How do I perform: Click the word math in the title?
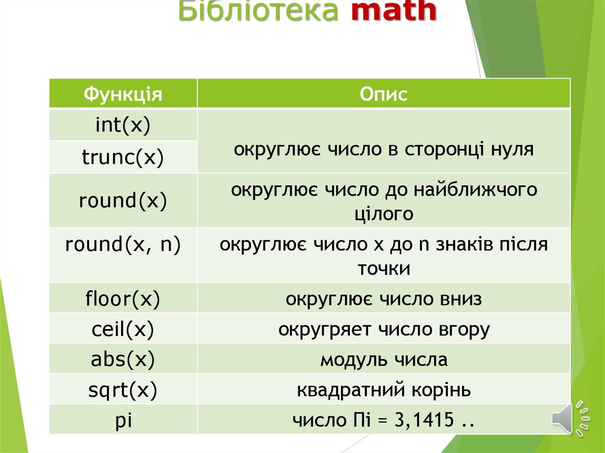[394, 12]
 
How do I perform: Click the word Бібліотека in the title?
[258, 12]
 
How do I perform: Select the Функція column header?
[123, 94]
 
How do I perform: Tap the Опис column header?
[383, 94]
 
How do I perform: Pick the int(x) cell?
[123, 125]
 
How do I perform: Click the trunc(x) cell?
[123, 157]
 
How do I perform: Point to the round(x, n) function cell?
[123, 245]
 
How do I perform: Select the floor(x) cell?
[123, 299]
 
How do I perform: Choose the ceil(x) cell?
[123, 329]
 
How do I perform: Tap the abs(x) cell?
[123, 360]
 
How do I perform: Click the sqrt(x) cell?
[123, 390]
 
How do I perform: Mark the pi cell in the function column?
[123, 421]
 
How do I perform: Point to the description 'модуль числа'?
[383, 360]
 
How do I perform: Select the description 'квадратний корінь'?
[383, 390]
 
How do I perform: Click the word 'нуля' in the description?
[512, 149]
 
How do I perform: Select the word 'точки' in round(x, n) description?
[383, 269]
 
